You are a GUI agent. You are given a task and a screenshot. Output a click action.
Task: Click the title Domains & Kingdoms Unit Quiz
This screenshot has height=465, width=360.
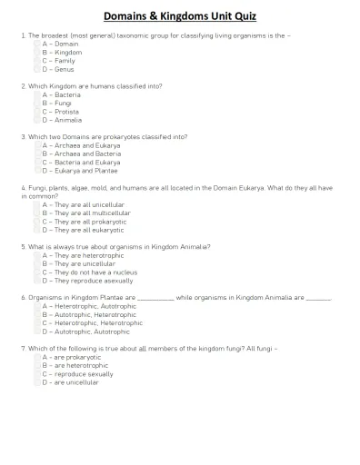pyautogui.click(x=180, y=16)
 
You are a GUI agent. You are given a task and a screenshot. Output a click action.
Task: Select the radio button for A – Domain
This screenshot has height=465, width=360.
pyautogui.click(x=38, y=44)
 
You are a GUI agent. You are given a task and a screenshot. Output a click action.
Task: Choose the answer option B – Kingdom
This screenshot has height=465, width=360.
pyautogui.click(x=38, y=52)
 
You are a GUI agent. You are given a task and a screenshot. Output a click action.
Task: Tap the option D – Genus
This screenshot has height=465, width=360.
pyautogui.click(x=38, y=69)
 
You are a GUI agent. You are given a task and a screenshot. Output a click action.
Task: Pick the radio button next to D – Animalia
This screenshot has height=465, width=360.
pyautogui.click(x=38, y=120)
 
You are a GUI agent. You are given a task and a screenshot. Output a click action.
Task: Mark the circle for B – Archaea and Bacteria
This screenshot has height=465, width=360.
pyautogui.click(x=38, y=153)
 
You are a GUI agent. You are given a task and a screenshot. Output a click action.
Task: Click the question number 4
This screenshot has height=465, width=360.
pyautogui.click(x=23, y=187)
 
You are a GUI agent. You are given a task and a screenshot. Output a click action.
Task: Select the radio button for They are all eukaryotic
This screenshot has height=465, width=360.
pyautogui.click(x=38, y=230)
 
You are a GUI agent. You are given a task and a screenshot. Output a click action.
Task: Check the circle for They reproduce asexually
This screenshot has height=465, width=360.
pyautogui.click(x=38, y=281)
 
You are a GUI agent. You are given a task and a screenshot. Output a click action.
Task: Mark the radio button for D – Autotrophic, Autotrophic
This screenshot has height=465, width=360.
pyautogui.click(x=38, y=331)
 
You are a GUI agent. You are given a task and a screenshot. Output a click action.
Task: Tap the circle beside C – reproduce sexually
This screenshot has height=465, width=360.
pyautogui.click(x=38, y=374)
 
